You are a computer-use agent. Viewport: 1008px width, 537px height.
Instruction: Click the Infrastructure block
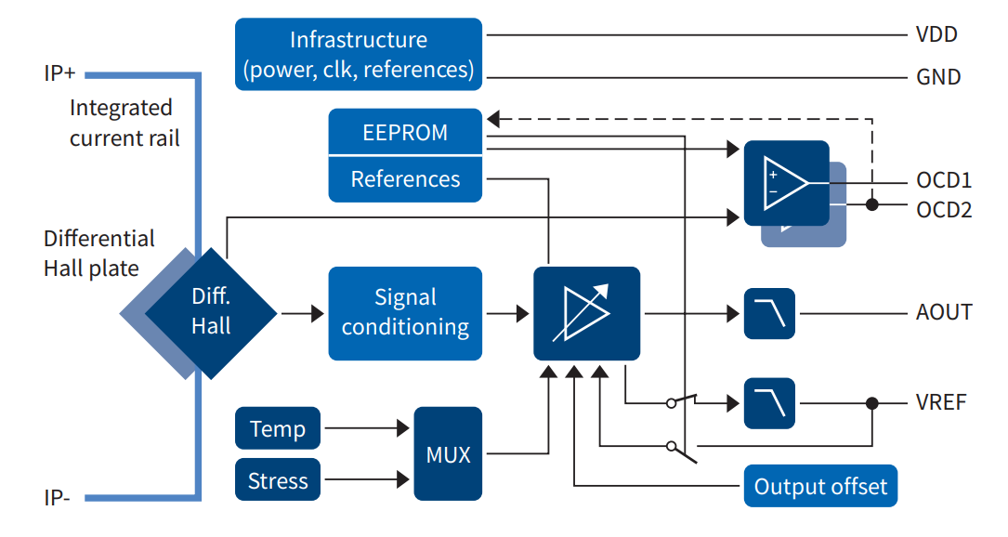(359, 54)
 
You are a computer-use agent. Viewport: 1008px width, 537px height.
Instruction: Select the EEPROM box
(405, 132)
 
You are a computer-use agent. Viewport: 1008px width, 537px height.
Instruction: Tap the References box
(405, 179)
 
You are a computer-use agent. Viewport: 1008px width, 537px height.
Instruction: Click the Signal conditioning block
(405, 313)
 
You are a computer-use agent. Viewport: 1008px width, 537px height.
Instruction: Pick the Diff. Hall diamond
(213, 313)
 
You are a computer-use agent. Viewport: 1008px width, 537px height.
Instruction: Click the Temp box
(277, 429)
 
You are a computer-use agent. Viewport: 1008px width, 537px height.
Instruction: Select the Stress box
(277, 480)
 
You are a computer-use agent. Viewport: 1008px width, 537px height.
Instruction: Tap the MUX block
(448, 454)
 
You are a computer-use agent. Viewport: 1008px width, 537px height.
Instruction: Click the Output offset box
(819, 486)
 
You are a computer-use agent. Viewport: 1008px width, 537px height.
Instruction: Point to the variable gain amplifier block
(586, 313)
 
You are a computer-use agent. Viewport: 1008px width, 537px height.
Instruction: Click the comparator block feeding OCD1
(786, 182)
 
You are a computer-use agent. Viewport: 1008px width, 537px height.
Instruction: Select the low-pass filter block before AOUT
(769, 313)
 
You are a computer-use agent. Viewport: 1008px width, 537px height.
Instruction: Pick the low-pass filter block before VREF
(769, 403)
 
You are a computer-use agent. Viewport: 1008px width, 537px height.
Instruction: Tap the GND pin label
(937, 77)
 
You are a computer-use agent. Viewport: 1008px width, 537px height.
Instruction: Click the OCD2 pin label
(943, 210)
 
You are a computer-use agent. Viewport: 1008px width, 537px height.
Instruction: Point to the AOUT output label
(943, 313)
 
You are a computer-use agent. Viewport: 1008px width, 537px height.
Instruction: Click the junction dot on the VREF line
(871, 403)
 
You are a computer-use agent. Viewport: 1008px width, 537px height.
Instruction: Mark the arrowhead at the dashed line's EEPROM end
(493, 119)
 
